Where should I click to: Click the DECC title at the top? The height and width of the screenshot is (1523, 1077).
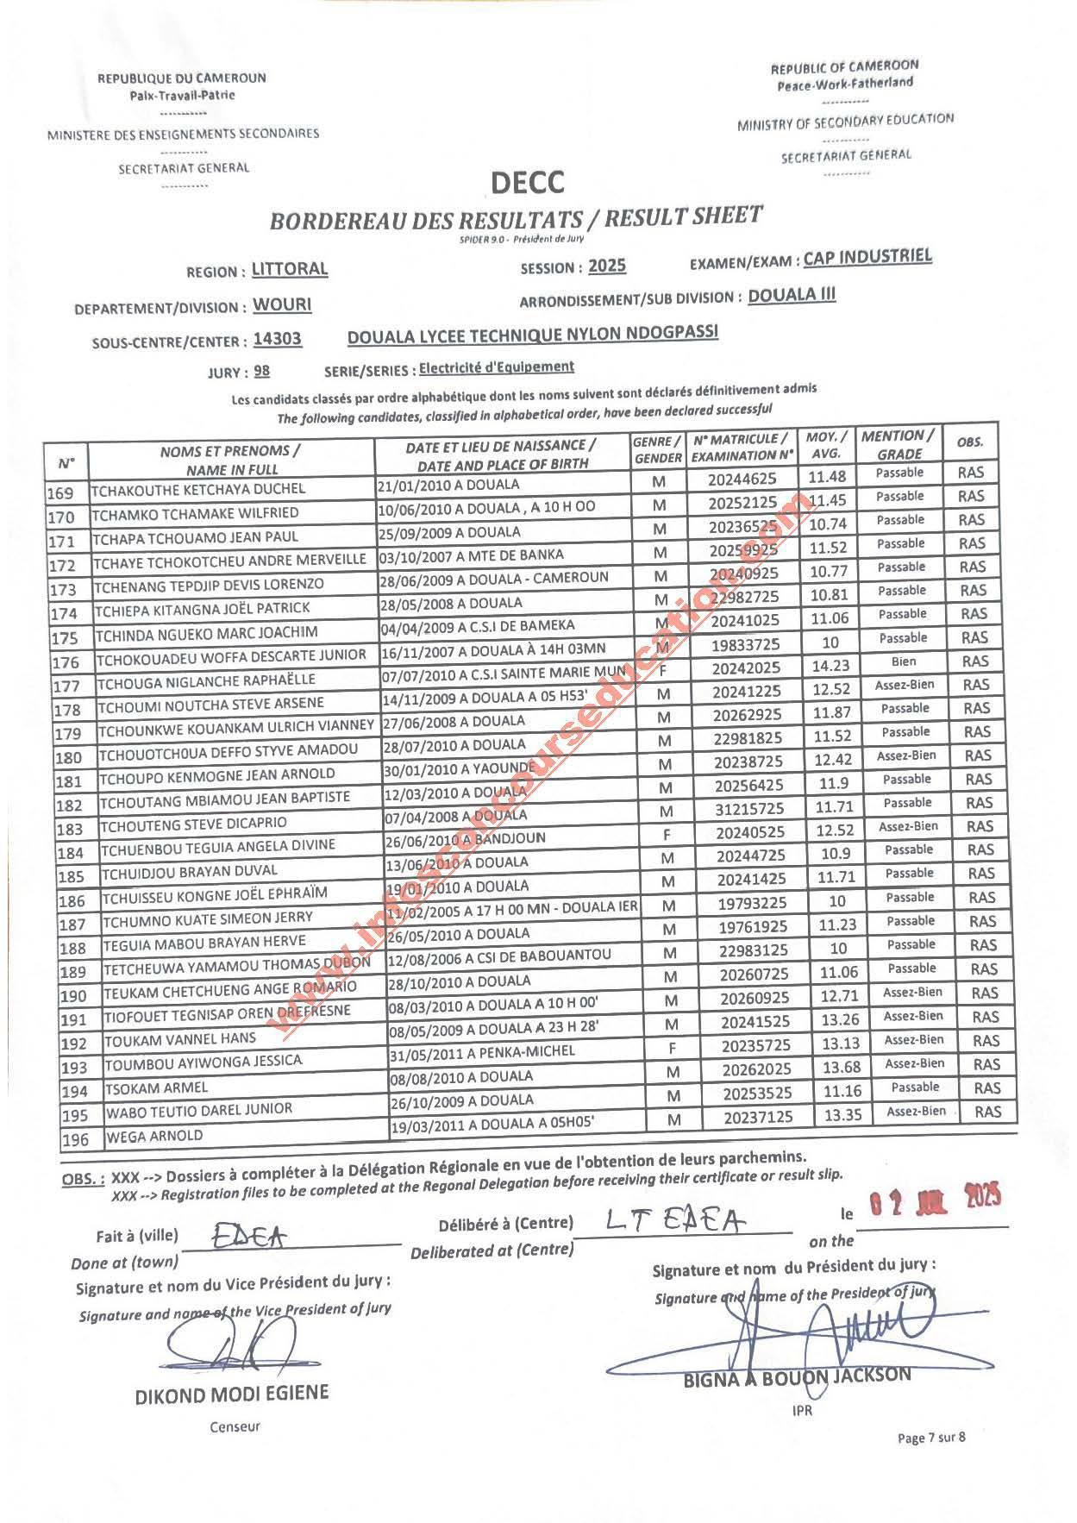tap(527, 183)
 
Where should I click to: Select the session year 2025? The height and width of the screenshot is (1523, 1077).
tap(607, 266)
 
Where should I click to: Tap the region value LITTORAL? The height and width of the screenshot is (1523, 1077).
tap(290, 269)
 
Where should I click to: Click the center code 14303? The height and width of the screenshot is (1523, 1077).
tap(278, 339)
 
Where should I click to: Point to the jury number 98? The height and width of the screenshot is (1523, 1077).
tap(262, 371)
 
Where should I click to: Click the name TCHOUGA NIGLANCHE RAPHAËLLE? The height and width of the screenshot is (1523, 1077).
tap(207, 679)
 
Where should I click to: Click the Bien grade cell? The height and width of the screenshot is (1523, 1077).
tap(904, 661)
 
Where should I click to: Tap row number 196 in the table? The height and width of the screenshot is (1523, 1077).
tap(76, 1140)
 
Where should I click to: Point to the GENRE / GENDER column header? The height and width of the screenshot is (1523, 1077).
tap(658, 449)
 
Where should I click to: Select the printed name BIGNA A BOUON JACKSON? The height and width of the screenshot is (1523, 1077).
tap(797, 1376)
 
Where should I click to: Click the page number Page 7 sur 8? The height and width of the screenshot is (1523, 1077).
tap(931, 1438)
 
